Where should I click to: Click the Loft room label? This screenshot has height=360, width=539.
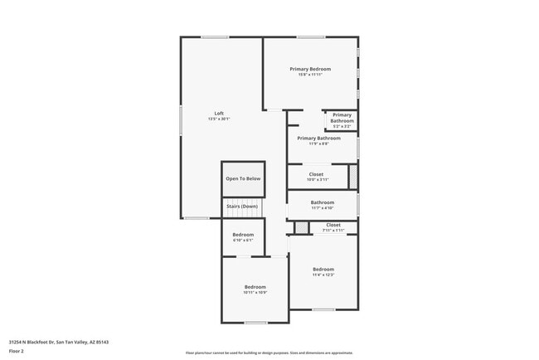[219, 114]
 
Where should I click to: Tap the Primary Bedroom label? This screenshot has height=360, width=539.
[310, 69]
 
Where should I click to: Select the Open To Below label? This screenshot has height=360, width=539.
[243, 178]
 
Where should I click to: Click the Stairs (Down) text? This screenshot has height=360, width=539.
[243, 206]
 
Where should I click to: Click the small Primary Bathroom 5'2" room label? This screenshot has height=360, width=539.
[342, 118]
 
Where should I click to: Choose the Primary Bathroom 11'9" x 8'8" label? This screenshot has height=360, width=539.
[318, 139]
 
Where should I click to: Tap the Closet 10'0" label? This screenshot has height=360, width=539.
[316, 174]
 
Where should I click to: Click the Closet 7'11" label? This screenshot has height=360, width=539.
[333, 225]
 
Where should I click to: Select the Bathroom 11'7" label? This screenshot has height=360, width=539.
[322, 202]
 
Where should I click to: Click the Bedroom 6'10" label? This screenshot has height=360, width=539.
[243, 236]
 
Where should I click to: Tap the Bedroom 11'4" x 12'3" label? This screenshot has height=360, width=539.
[323, 270]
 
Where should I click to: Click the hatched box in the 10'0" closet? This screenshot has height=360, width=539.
[352, 176]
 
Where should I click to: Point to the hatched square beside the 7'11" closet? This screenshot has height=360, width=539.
[301, 227]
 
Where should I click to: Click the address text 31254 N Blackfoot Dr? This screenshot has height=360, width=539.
[59, 341]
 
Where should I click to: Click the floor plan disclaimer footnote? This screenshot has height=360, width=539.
[269, 353]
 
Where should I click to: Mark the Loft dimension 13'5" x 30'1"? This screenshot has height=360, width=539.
[219, 119]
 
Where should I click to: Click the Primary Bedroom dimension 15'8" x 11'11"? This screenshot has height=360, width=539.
[310, 75]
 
